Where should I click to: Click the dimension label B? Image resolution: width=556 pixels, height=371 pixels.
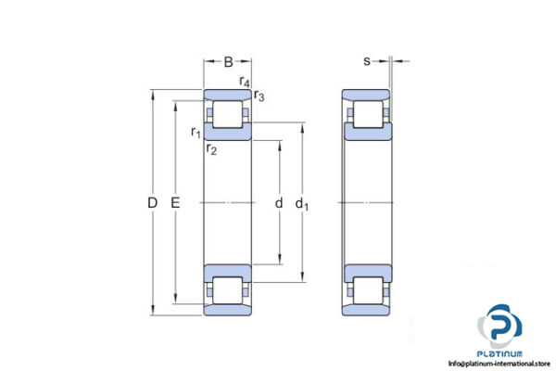coord(228,62)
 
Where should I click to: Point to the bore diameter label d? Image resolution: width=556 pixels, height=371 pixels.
coord(278,202)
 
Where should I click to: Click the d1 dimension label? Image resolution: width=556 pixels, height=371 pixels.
coord(301,203)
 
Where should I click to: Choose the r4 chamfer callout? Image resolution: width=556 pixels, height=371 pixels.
coord(245,83)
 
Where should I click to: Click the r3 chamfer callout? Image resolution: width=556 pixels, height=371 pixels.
coord(259,96)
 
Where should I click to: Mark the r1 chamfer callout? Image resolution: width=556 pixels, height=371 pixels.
coord(196,132)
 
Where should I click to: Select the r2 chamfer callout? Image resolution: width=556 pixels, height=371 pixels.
coord(212,149)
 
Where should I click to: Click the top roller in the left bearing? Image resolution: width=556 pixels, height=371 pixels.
coord(228,115)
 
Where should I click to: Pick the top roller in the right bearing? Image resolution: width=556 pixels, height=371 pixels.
coord(367,115)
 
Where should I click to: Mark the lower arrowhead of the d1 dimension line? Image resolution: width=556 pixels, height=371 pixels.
coord(301,276)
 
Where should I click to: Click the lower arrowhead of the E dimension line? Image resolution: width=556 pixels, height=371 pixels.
coord(175,301)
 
